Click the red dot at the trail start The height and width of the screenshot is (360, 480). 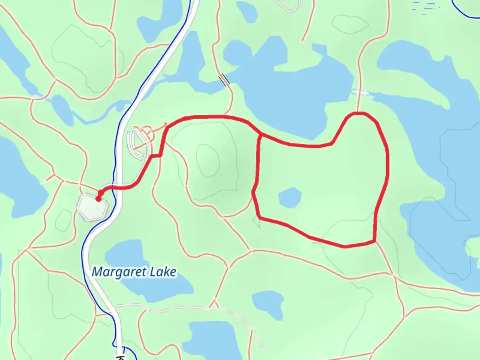tap(98, 199)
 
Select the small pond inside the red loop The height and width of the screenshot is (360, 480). tap(289, 197)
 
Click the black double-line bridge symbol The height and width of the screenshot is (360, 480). tap(224, 80)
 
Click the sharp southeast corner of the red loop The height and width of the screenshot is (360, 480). tap(375, 241)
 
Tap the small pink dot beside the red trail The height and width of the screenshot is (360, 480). tap(166, 124)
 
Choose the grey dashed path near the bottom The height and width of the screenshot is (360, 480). tap(187, 308)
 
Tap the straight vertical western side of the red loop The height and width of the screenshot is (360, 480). tap(258, 163)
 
